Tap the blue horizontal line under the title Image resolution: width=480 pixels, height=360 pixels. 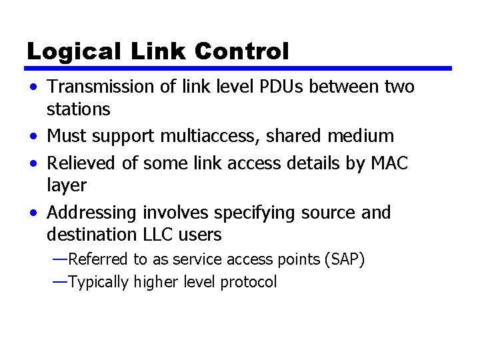tap(239, 68)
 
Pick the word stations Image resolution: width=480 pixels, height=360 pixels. tap(79, 108)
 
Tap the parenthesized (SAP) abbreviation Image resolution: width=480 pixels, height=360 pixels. tap(343, 259)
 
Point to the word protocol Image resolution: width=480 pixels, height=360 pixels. tap(248, 282)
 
